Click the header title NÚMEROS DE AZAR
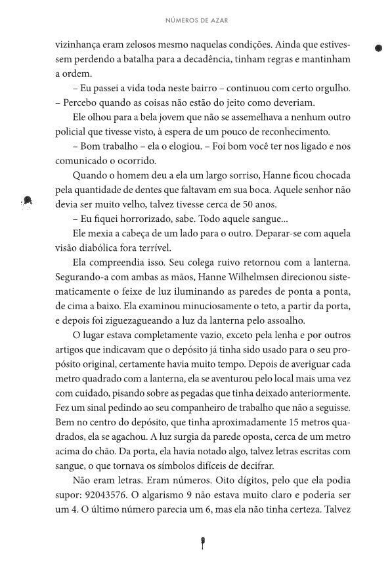(x=196, y=20)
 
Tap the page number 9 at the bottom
(x=203, y=540)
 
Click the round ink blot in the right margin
(x=379, y=48)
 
